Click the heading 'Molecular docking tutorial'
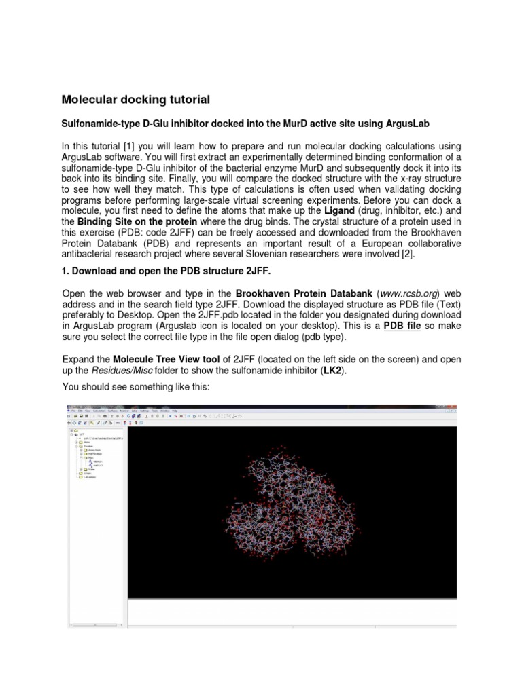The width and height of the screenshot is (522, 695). coord(136,100)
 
